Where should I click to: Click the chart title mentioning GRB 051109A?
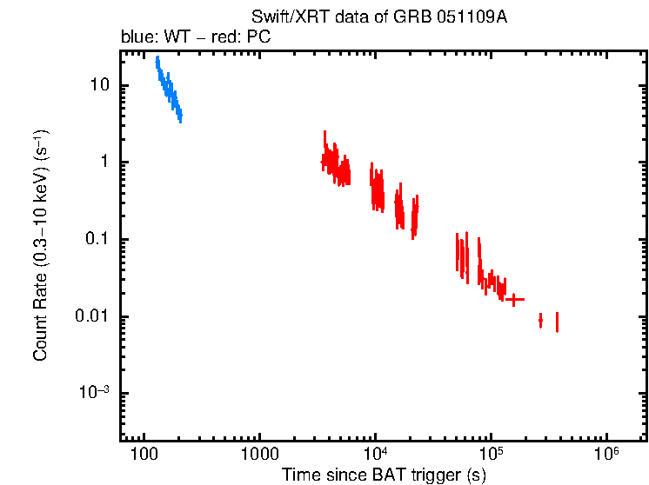click(378, 17)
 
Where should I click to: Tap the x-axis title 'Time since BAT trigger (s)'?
click(384, 475)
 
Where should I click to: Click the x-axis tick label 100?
click(143, 455)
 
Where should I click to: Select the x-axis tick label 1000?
click(258, 455)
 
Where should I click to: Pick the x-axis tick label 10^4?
click(375, 454)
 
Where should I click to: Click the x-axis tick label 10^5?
click(491, 454)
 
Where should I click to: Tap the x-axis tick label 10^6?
click(606, 454)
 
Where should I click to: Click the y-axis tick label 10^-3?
click(94, 392)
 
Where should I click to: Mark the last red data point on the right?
click(557, 322)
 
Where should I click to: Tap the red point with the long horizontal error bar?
click(514, 299)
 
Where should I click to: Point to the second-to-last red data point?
click(540, 321)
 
